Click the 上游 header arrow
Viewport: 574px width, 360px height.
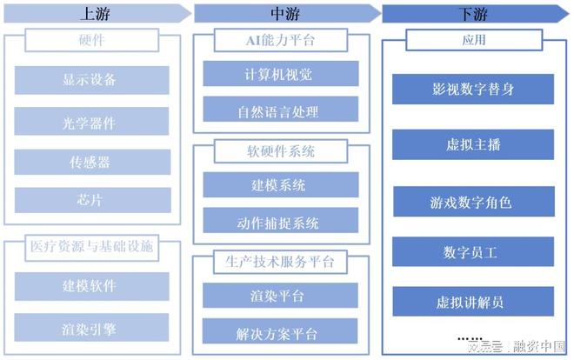pyautogui.click(x=96, y=14)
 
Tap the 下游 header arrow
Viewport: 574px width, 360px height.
pyautogui.click(x=474, y=14)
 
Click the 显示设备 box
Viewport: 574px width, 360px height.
pyautogui.click(x=91, y=80)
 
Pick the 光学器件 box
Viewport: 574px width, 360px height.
pyautogui.click(x=91, y=123)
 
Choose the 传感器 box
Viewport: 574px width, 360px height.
pyautogui.click(x=91, y=163)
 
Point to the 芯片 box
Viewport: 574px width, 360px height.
pyautogui.click(x=91, y=200)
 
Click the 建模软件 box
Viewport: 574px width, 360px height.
pyautogui.click(x=91, y=285)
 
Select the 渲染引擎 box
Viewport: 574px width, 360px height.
pyautogui.click(x=91, y=329)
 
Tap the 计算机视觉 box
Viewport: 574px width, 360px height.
pyautogui.click(x=280, y=73)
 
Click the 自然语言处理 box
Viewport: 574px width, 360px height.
pyautogui.click(x=280, y=110)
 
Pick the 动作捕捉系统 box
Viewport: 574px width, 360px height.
pyautogui.click(x=280, y=222)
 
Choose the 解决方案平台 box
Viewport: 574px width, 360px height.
pyautogui.click(x=280, y=333)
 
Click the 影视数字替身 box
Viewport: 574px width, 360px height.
pyautogui.click(x=473, y=89)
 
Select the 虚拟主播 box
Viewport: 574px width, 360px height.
pyautogui.click(x=473, y=144)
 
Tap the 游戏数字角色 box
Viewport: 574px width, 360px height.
pyautogui.click(x=473, y=203)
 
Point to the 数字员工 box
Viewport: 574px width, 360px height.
pyautogui.click(x=473, y=252)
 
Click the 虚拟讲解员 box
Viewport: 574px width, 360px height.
pyautogui.click(x=473, y=303)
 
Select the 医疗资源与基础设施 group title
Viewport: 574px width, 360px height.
pyautogui.click(x=91, y=246)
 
